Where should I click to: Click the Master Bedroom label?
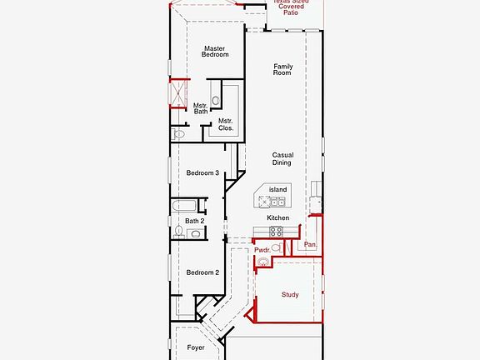click(215, 52)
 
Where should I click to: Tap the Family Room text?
click(282, 69)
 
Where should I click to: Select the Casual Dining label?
click(282, 159)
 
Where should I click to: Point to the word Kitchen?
click(277, 217)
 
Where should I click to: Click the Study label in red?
click(289, 294)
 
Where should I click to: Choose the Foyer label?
click(196, 347)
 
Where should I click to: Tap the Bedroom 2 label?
click(202, 272)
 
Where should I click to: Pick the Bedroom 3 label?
click(202, 173)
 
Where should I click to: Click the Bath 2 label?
click(194, 221)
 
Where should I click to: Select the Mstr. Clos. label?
click(225, 125)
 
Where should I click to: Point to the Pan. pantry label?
click(309, 245)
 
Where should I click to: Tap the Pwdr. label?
click(263, 249)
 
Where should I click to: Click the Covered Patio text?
click(289, 9)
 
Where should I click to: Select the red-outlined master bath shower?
click(178, 93)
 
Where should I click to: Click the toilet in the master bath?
click(177, 134)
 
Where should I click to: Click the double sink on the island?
click(278, 201)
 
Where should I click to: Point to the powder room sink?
click(263, 262)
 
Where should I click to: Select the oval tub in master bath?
click(215, 101)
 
